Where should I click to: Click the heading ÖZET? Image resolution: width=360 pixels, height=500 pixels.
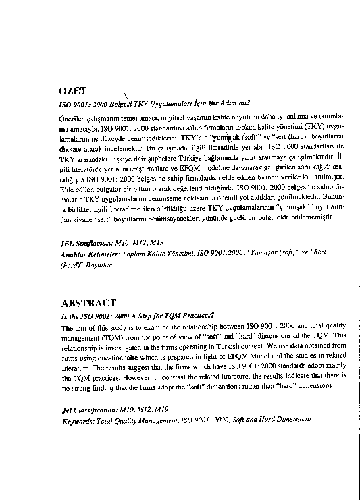75,90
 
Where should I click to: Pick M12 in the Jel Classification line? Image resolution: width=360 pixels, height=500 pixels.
145,409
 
